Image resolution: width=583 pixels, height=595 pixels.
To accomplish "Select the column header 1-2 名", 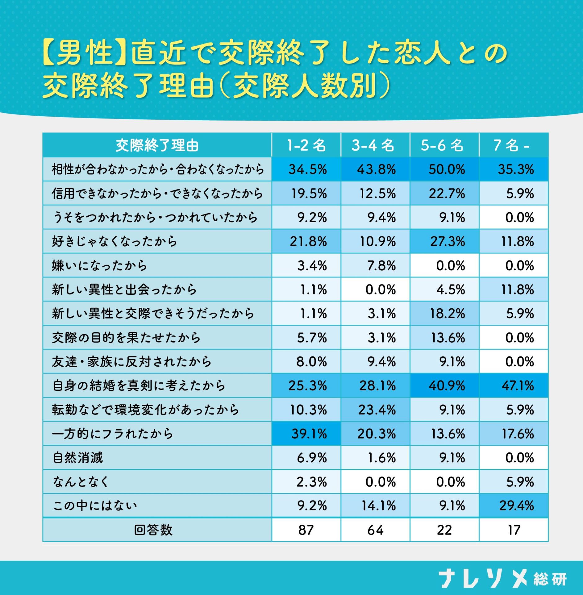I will (306, 145).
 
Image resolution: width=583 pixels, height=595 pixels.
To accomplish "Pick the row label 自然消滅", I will (78, 458).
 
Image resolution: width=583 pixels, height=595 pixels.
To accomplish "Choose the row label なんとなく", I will (81, 482).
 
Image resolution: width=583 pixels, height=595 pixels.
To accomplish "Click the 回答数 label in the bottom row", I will (153, 530).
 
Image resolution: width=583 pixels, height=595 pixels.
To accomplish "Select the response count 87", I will (306, 530).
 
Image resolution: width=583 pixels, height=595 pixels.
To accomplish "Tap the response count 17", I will (514, 530).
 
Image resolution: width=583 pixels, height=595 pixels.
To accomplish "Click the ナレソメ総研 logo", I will (502, 578).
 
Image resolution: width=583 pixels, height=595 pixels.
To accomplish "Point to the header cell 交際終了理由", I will (157, 145).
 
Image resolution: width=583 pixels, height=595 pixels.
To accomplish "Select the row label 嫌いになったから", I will (99, 266).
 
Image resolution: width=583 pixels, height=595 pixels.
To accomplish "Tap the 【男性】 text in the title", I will (84, 53).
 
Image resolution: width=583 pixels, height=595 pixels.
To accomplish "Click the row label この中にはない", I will (95, 506).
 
